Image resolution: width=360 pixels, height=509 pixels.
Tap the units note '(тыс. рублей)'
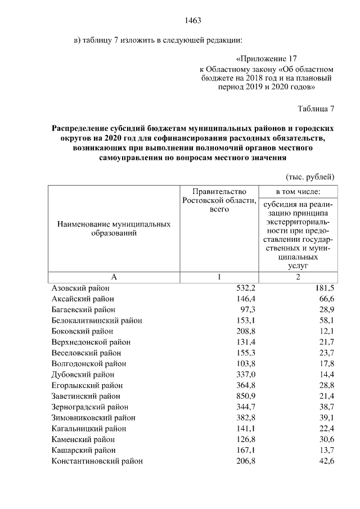310,176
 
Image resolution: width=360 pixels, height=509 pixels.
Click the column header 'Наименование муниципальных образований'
114,228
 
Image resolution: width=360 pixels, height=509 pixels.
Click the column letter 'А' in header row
114,277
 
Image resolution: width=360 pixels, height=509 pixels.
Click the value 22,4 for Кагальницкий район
325,429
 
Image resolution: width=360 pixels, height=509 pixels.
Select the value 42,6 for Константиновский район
325,461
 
